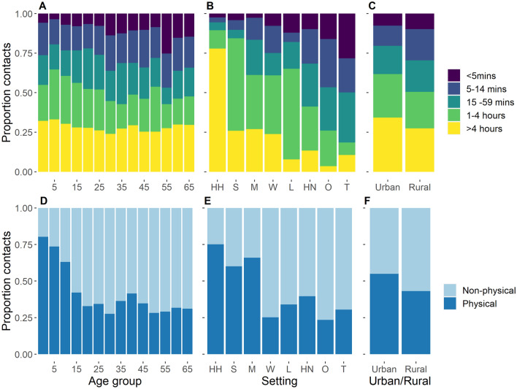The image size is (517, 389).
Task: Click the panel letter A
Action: click(x=41, y=7)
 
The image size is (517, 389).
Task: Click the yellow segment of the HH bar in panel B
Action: click(x=216, y=109)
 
